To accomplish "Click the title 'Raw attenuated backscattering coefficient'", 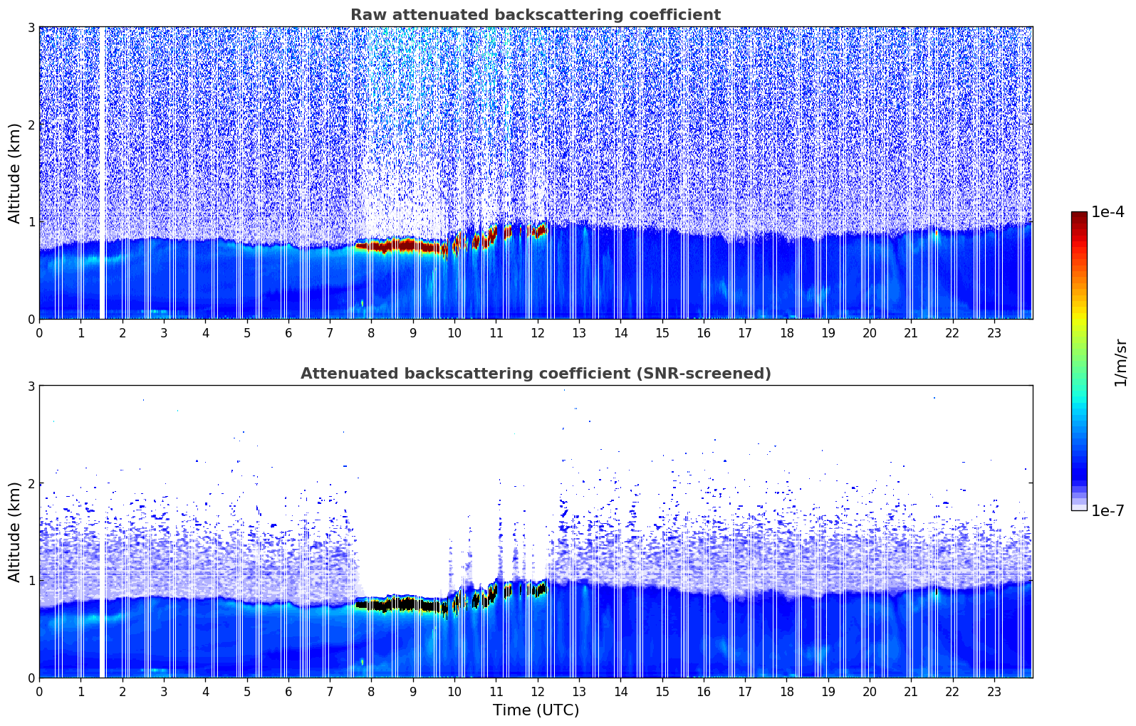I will click(x=535, y=15).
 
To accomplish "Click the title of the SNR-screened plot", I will click(x=535, y=374).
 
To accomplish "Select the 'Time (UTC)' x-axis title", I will click(x=536, y=710).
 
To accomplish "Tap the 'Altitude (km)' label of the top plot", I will click(x=14, y=173).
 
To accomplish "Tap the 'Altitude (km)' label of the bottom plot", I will click(x=14, y=532).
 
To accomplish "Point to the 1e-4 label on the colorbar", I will click(x=1108, y=212).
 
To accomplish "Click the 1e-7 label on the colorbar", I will click(x=1108, y=510).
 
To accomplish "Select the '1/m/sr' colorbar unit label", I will click(x=1120, y=362).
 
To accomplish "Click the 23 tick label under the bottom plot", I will click(x=994, y=692).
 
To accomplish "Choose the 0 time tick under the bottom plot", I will click(x=39, y=692).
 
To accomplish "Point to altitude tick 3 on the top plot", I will click(x=31, y=27).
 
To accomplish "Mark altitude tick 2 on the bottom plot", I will click(x=31, y=483).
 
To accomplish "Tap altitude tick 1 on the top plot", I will click(x=31, y=222).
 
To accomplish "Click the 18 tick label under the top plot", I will click(x=786, y=333).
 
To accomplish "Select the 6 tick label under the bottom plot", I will click(x=288, y=692).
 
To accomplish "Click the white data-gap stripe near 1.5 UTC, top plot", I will click(x=103, y=171).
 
